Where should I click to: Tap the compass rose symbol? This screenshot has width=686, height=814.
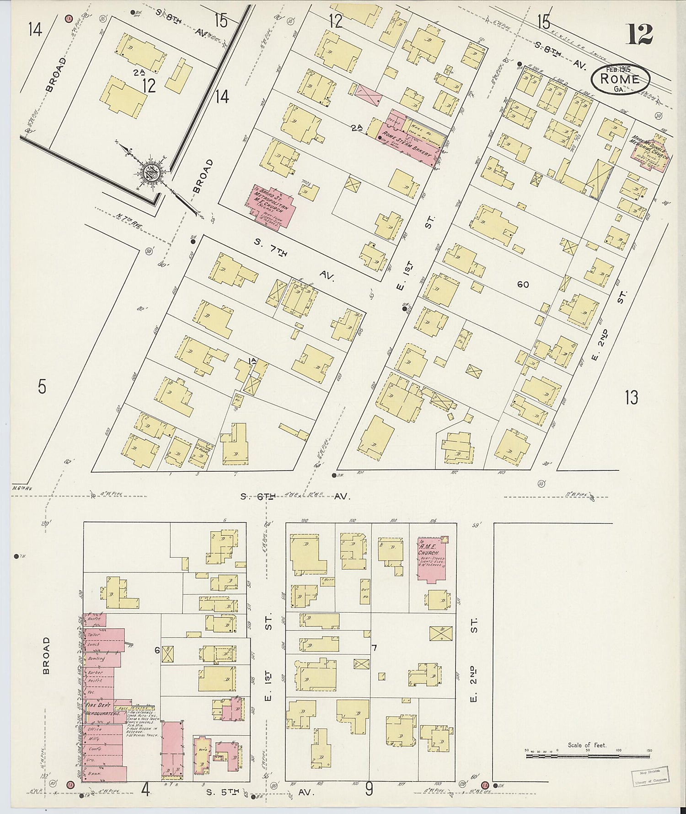[x=150, y=173]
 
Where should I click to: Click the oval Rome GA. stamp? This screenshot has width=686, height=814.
[x=620, y=78]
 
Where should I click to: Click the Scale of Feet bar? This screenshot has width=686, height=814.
[x=587, y=756]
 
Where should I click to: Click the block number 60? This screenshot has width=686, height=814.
[x=523, y=285]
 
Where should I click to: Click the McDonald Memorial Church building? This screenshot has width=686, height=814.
[x=648, y=151]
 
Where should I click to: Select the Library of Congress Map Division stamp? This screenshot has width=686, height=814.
[x=650, y=776]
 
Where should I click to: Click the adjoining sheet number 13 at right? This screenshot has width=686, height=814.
[x=631, y=398]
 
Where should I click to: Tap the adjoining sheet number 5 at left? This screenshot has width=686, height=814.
[x=42, y=387]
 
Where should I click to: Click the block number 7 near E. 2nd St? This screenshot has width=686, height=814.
[x=374, y=647]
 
